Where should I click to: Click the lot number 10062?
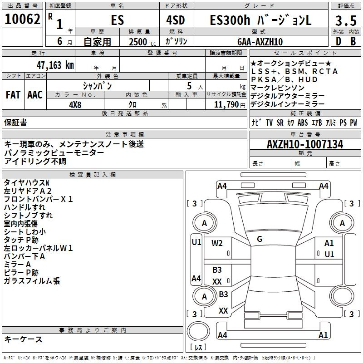[x=22, y=19]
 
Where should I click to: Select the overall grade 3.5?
[x=346, y=20]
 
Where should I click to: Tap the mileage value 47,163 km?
[x=55, y=65]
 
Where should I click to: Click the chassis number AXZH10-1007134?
[x=305, y=144]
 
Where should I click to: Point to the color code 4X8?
[x=75, y=105]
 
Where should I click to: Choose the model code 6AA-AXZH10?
[x=260, y=42]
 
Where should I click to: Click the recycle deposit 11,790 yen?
[x=230, y=105]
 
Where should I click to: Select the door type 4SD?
[x=176, y=20]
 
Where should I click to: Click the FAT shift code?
[x=13, y=95]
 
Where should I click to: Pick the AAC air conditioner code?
[x=35, y=95]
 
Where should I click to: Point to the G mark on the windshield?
[x=260, y=239]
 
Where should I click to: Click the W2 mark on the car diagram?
[x=217, y=243]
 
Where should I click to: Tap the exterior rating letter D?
[x=338, y=41]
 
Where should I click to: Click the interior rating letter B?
[x=353, y=41]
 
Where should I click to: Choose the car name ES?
[x=118, y=20]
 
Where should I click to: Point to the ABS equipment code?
[x=303, y=123]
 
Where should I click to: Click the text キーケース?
[x=24, y=339]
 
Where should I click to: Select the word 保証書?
[x=15, y=122]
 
